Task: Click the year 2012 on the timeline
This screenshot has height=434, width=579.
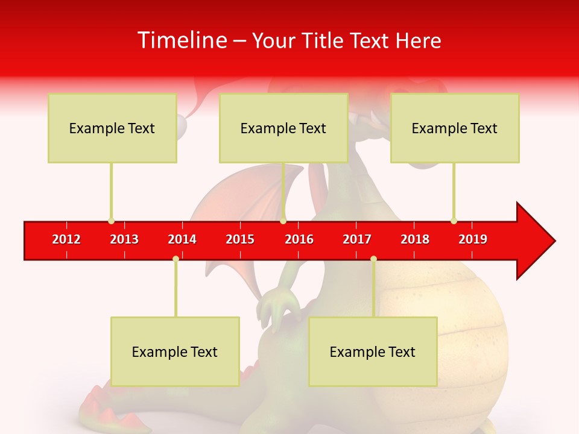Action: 66,239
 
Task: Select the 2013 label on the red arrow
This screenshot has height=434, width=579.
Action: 124,239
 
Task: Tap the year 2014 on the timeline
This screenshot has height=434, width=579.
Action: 182,239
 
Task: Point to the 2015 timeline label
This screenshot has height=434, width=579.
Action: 240,239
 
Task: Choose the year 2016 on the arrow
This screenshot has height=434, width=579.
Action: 299,239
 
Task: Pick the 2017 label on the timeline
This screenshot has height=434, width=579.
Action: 357,239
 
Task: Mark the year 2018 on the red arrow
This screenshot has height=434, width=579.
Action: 415,239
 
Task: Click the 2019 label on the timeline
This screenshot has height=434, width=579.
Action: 473,239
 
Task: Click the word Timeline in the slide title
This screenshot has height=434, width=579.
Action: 182,40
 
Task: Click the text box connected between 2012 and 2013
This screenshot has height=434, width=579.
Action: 112,128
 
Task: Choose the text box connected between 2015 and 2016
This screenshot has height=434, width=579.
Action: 283,128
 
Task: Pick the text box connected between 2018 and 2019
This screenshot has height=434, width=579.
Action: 455,128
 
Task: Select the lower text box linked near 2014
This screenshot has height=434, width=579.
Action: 175,351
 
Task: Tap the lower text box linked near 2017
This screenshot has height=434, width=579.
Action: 373,351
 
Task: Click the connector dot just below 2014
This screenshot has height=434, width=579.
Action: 176,259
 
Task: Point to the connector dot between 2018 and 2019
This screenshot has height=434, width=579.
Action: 454,221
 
